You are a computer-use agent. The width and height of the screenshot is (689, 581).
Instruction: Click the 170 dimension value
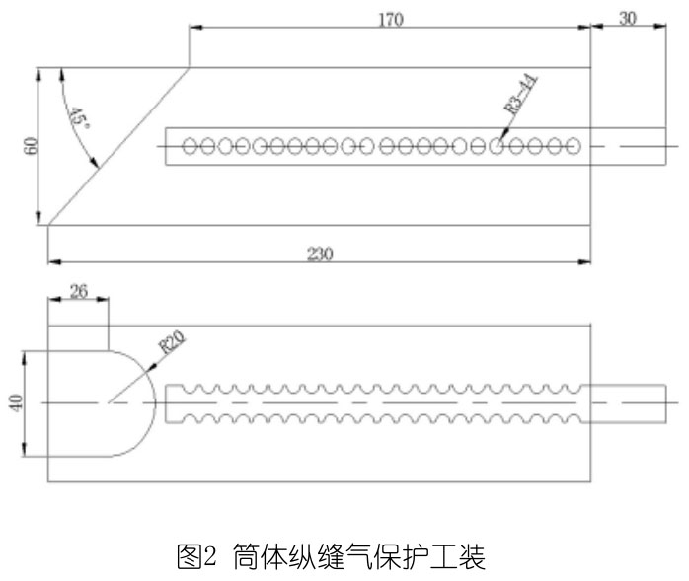[x=391, y=19]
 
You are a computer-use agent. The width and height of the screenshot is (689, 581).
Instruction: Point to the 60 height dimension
[x=31, y=146]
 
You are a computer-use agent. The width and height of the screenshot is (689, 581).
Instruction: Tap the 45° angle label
[x=77, y=119]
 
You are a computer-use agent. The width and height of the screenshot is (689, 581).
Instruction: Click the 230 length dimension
[x=319, y=253]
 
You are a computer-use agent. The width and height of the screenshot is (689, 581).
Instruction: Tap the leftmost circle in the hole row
[x=191, y=147]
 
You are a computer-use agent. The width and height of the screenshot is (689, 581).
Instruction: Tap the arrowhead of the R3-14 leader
[x=498, y=141]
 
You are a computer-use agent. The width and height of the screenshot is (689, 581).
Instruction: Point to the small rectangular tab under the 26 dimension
[x=78, y=335]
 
